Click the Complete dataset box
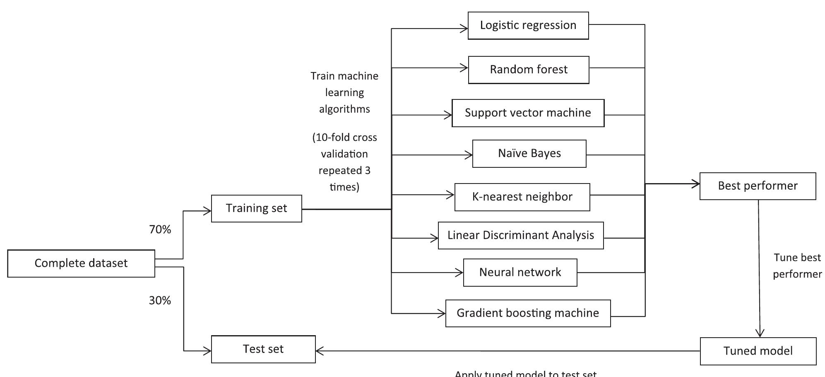click(x=81, y=263)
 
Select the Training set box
click(x=256, y=208)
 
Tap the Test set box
click(x=263, y=349)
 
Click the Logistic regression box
click(x=528, y=25)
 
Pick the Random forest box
click(x=529, y=70)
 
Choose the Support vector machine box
click(x=528, y=113)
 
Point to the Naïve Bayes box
click(x=529, y=153)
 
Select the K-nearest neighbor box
click(x=522, y=197)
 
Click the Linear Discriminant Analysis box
click(x=521, y=235)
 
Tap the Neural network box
click(x=520, y=272)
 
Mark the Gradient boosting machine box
click(x=528, y=313)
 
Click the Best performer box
click(x=758, y=186)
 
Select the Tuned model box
click(x=758, y=351)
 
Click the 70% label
click(x=160, y=230)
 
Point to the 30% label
click(x=160, y=300)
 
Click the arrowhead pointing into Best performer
click(x=696, y=184)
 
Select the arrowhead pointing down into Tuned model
click(x=760, y=333)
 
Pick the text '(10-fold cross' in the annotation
click(x=344, y=138)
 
